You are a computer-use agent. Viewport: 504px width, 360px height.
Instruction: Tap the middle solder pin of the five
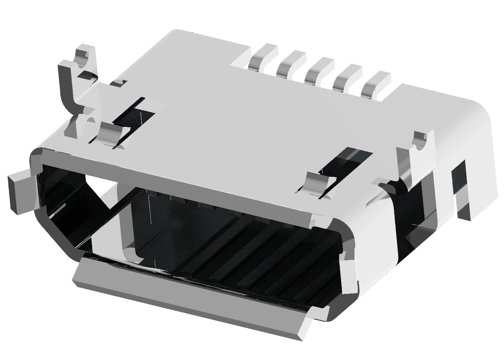click(319, 70)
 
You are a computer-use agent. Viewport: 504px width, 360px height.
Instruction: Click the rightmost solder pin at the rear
click(375, 83)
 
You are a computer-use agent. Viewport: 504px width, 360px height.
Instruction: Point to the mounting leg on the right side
click(461, 189)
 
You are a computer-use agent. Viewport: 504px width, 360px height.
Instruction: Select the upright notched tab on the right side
click(417, 158)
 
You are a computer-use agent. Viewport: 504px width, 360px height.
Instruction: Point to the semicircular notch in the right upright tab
click(420, 142)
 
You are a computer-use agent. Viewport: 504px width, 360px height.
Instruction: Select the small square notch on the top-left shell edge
click(118, 83)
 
